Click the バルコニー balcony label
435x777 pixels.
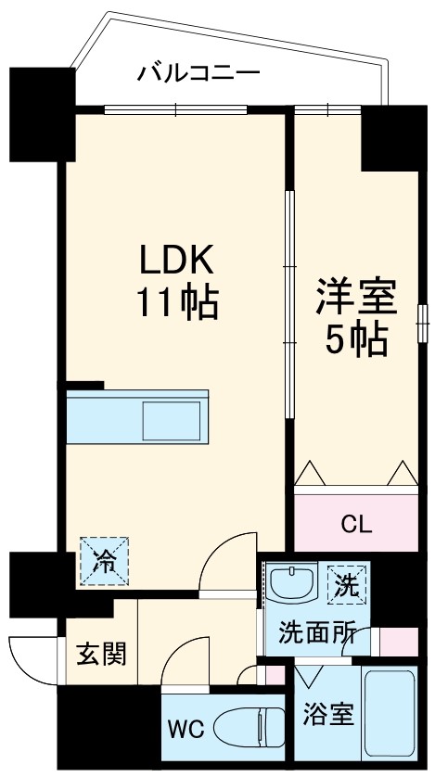pos(198,72)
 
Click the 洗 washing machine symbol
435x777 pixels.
pos(346,587)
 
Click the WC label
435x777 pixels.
pos(186,729)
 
